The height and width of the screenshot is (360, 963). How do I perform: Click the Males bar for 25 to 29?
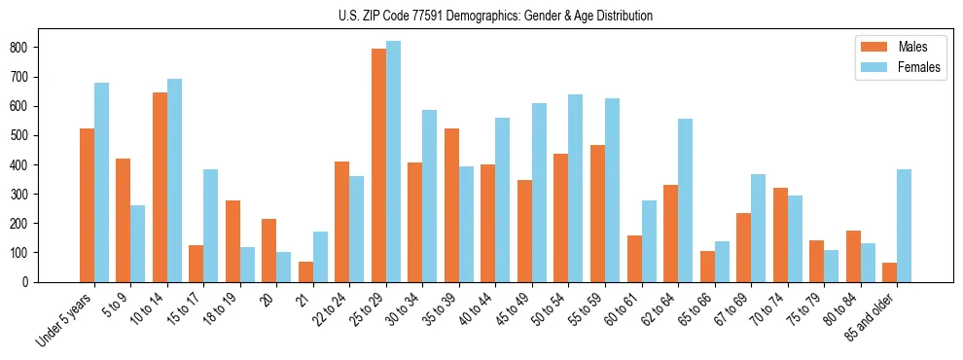378,165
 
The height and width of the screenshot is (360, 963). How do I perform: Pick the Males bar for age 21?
305,271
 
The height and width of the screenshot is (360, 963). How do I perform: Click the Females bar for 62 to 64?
685,200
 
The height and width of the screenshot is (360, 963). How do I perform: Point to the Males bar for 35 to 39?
451,205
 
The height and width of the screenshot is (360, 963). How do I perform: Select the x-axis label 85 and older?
870,317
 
